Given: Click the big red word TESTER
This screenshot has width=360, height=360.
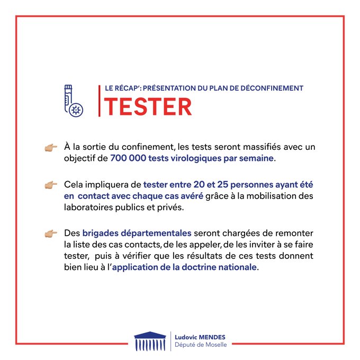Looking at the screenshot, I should point(148,106).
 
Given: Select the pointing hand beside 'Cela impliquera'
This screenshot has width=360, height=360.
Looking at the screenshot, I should point(51,185).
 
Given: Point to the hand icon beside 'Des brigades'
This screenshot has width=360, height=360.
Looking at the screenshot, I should point(51,233).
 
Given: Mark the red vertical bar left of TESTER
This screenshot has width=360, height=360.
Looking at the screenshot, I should point(100,101).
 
